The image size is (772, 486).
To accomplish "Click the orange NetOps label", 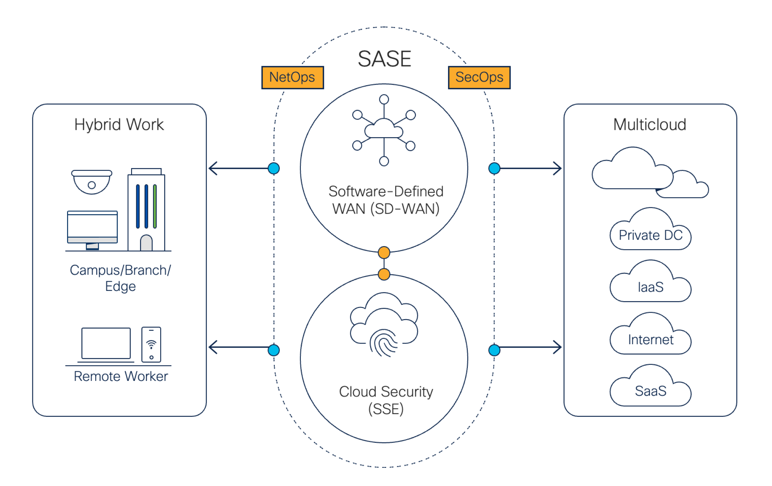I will click(x=292, y=77).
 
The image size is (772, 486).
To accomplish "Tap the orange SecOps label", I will click(x=479, y=77).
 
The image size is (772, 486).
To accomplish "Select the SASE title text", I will click(x=384, y=59).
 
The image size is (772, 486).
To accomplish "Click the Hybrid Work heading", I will click(x=119, y=124).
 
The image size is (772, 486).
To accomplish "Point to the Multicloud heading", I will click(x=650, y=124).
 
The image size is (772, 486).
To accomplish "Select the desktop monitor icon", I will click(x=92, y=229).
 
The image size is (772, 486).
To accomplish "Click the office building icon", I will click(x=146, y=211).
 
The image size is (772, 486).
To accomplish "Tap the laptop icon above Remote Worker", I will click(x=106, y=344).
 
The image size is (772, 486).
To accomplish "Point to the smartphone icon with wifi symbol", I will click(x=151, y=344).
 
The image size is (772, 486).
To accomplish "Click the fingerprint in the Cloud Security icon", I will click(x=384, y=343).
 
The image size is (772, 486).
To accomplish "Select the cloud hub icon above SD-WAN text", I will click(x=384, y=130).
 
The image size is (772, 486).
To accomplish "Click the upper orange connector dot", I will click(x=384, y=253).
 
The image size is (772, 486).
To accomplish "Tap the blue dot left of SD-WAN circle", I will click(x=274, y=168).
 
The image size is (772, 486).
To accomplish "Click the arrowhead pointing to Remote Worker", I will click(x=213, y=347).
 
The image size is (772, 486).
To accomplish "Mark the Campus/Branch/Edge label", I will click(x=120, y=278).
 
